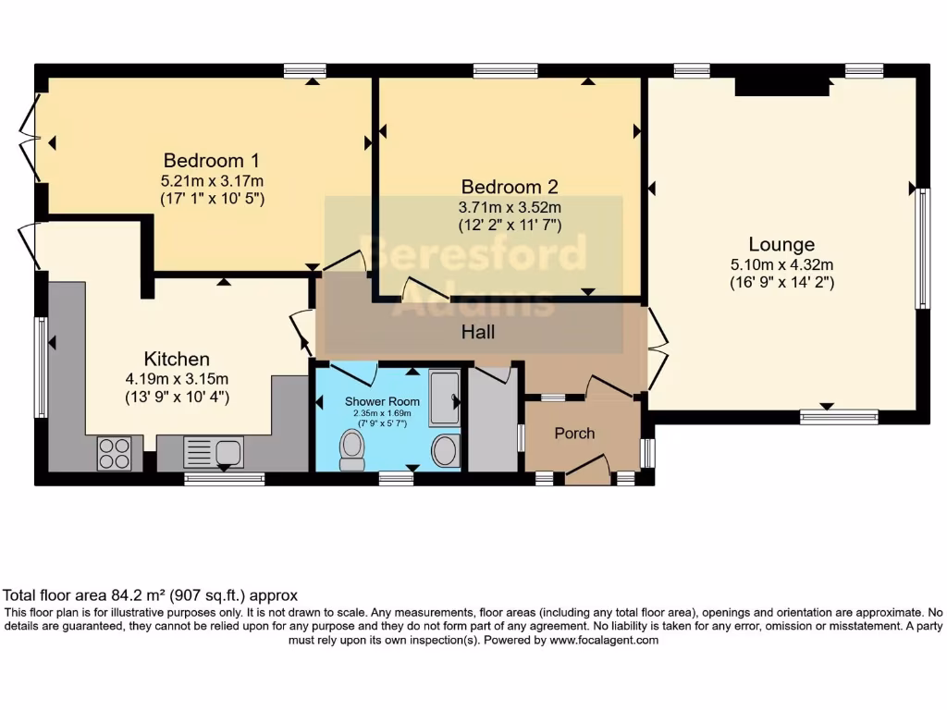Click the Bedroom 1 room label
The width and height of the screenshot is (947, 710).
click(x=204, y=160)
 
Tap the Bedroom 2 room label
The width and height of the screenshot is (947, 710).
click(x=510, y=186)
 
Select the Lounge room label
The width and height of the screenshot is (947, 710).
click(x=781, y=244)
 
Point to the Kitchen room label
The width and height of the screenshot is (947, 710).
click(x=177, y=359)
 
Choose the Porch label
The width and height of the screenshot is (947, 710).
click(x=574, y=433)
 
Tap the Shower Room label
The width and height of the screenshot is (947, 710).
click(x=382, y=401)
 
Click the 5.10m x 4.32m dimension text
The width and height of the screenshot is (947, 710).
click(x=781, y=264)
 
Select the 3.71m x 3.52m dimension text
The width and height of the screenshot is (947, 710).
click(x=510, y=206)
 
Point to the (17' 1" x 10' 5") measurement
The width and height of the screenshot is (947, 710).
click(x=212, y=198)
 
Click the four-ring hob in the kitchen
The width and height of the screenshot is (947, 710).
click(x=115, y=453)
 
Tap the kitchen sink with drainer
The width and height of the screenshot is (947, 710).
click(x=214, y=452)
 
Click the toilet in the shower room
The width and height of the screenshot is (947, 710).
click(x=351, y=449)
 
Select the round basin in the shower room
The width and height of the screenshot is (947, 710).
click(x=445, y=451)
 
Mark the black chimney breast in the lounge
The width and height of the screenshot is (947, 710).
click(x=781, y=86)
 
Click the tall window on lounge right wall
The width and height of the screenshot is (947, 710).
click(x=921, y=248)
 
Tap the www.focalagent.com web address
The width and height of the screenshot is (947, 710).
click(x=603, y=640)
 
